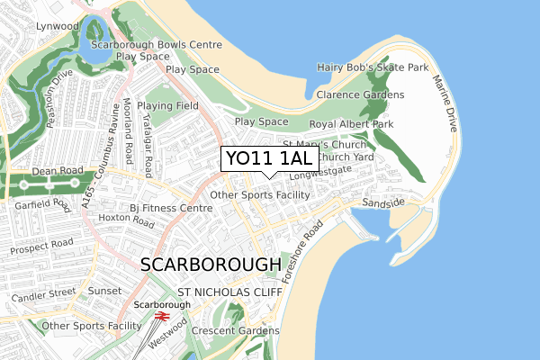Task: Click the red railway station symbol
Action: pos(163,317)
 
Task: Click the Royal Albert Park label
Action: pos(351,124)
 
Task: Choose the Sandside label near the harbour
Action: pos(382,203)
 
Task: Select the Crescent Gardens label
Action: pos(237,331)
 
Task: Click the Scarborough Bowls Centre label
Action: pos(167,44)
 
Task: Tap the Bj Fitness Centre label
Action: pos(170,208)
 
